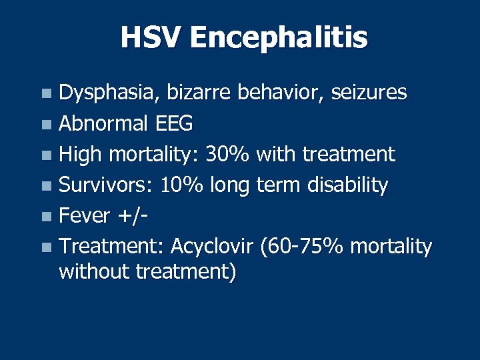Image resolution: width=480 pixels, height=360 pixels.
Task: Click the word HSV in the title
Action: [x=151, y=37]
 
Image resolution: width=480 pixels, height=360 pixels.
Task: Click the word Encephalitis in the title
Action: [x=278, y=39]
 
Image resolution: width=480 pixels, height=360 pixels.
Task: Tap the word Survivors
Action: [x=106, y=185]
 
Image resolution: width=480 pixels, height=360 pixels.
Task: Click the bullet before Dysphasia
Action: [x=45, y=93]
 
